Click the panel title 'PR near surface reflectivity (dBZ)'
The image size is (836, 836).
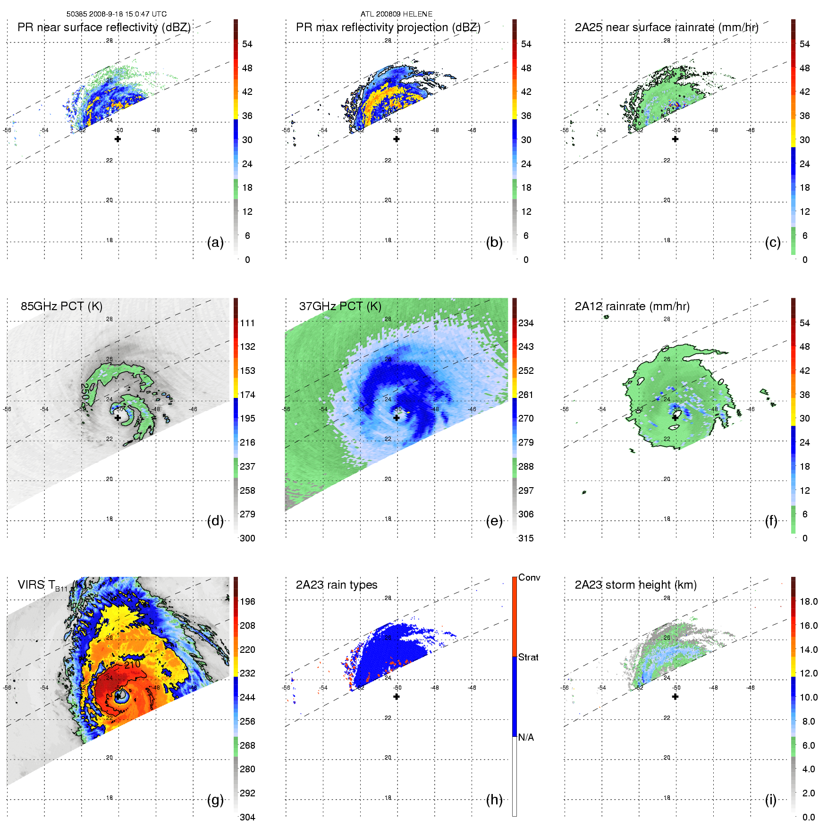[x=104, y=27]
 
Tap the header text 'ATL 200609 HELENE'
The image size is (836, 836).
[x=397, y=14]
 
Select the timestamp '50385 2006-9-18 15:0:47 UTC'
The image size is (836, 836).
[x=117, y=14]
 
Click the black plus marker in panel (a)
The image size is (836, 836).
[x=118, y=139]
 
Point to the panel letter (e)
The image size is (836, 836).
[x=494, y=521]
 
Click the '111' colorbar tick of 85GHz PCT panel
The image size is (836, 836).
[x=247, y=323]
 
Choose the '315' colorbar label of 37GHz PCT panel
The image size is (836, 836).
[x=526, y=538]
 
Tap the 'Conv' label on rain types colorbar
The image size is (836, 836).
[x=529, y=577]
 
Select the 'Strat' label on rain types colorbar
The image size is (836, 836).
[x=528, y=657]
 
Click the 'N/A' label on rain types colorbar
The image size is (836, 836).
[x=526, y=737]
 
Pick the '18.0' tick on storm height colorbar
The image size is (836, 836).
[x=809, y=601]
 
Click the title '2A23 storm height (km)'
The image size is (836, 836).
[x=635, y=585]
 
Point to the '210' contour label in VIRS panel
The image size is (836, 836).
[x=132, y=664]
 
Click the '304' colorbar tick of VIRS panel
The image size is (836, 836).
[x=247, y=817]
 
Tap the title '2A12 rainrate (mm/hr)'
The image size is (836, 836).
[x=632, y=306]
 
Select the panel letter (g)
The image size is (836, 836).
[x=215, y=800]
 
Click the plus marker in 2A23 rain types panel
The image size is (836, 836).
[x=397, y=696]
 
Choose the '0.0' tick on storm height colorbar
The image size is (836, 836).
[x=809, y=817]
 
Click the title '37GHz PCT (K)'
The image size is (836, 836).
[x=340, y=306]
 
